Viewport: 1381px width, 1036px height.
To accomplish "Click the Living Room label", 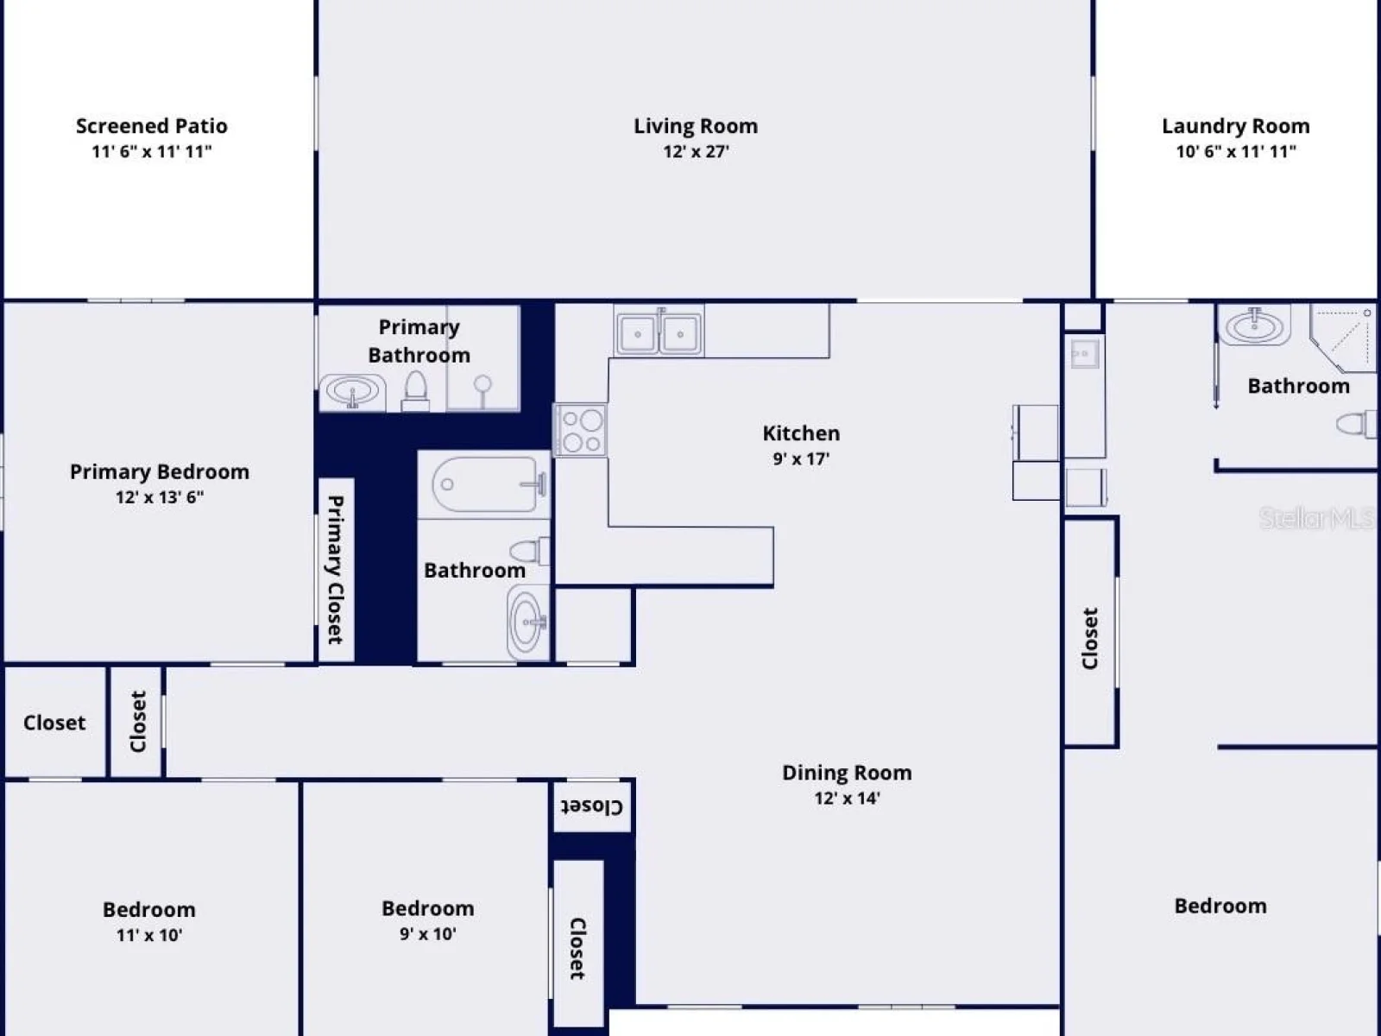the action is tap(695, 126).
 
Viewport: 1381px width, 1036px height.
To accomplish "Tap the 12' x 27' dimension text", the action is tap(696, 152).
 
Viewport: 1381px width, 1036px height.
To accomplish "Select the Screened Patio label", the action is tap(152, 126).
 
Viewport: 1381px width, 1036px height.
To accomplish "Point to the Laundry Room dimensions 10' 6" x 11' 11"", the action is tap(1236, 152).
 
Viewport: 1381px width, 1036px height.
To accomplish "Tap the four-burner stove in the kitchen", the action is tap(580, 430).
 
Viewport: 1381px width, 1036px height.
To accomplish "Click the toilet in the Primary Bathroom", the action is tap(415, 390).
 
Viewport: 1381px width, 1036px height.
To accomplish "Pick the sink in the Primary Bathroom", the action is tap(352, 393).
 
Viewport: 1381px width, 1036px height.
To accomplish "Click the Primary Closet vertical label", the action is tap(336, 570).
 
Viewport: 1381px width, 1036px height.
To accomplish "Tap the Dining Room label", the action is tap(847, 773).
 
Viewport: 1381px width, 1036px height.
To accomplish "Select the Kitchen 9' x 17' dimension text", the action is tap(801, 459).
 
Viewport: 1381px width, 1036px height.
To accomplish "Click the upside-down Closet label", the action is tap(591, 806).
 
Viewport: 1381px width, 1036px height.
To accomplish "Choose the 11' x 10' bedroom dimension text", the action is tap(149, 935).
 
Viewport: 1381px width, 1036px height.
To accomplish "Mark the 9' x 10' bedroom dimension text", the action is tap(428, 934).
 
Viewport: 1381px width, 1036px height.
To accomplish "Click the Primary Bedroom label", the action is tap(159, 471).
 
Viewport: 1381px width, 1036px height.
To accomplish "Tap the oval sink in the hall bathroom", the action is tap(528, 622).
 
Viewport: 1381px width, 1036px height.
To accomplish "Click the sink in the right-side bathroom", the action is tap(1254, 325).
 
